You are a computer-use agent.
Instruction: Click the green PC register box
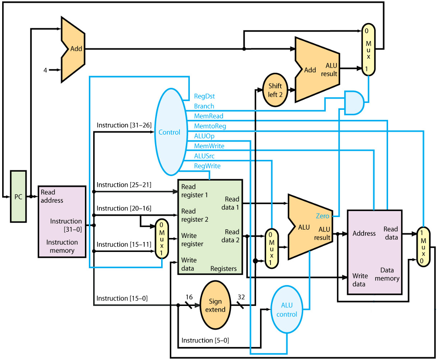18,197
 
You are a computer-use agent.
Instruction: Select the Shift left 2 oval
275,90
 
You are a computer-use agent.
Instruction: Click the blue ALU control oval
287,310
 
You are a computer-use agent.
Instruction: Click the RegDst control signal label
204,96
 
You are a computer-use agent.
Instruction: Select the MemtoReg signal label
210,126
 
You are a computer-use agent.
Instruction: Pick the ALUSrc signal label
204,156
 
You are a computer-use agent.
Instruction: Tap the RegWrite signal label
207,166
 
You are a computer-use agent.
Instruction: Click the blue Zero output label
323,216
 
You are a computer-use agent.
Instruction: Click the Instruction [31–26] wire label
124,125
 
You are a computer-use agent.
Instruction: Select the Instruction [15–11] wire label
124,244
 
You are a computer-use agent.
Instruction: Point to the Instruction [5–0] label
205,340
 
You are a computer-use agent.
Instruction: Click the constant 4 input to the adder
45,69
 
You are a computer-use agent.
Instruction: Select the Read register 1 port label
195,191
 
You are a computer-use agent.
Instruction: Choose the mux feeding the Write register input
162,238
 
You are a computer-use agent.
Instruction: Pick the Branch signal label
204,106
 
